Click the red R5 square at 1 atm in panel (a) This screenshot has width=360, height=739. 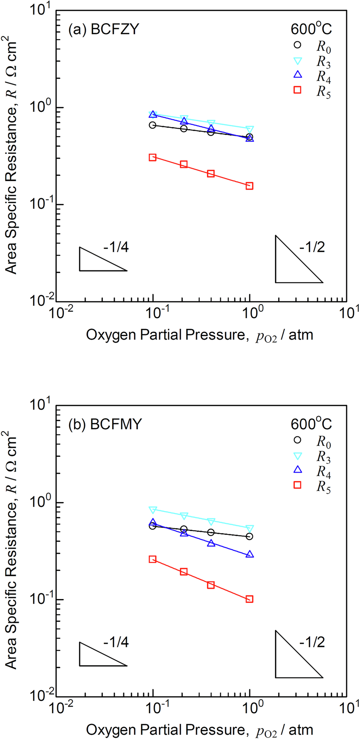(249, 186)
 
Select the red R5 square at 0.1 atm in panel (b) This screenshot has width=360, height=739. (153, 559)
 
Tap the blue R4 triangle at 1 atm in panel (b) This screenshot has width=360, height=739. (249, 554)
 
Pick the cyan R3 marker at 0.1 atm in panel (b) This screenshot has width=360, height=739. (153, 510)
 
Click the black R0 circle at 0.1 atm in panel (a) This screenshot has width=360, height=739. (153, 125)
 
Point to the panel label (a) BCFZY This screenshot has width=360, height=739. (104, 29)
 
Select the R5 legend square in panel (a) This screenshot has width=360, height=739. (297, 89)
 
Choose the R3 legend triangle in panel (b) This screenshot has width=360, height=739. (297, 456)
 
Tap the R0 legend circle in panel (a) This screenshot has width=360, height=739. (297, 45)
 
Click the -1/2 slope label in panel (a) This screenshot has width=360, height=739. (312, 247)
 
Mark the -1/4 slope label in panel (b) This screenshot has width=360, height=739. (116, 642)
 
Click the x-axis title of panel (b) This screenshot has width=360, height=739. (200, 730)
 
